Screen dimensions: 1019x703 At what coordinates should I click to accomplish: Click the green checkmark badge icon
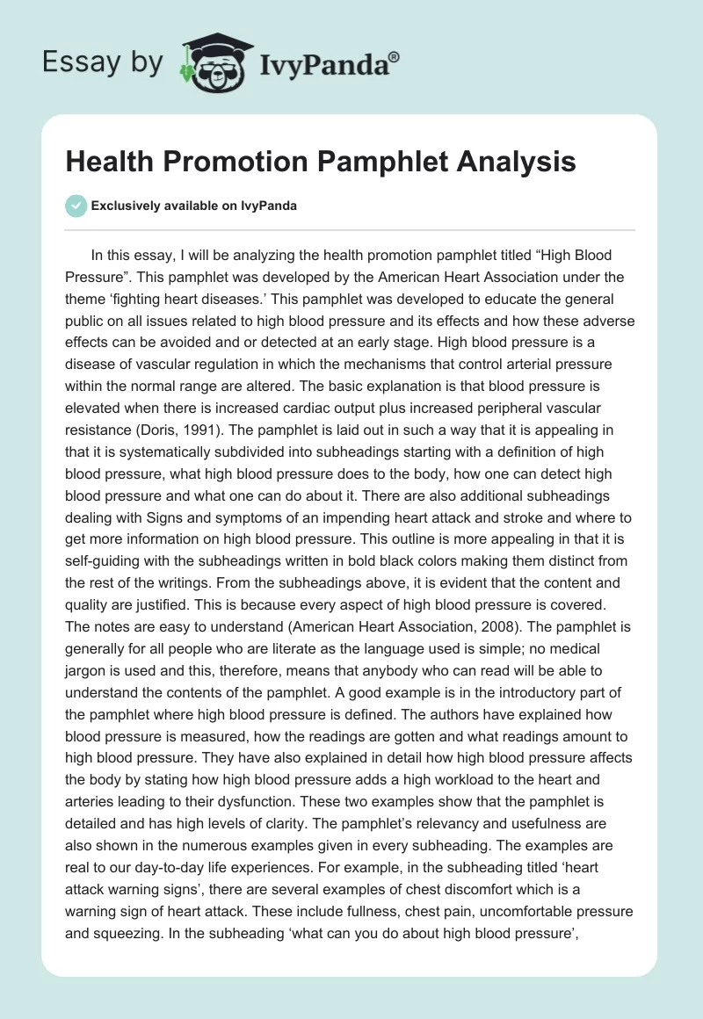pos(76,206)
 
